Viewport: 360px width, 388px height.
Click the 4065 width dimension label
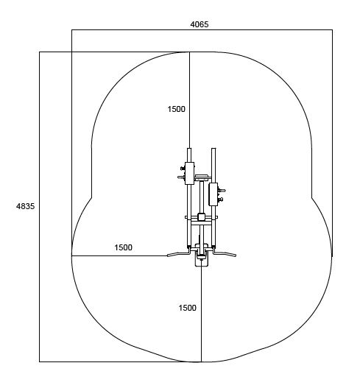click(x=200, y=24)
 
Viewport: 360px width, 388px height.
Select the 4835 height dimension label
click(x=26, y=206)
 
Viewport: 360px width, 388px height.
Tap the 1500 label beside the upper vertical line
click(x=176, y=109)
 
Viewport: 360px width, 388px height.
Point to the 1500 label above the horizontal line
click(x=123, y=247)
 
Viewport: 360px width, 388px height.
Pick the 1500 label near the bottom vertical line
click(x=187, y=308)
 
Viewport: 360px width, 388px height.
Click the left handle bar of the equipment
click(x=178, y=253)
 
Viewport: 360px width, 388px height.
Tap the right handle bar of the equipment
click(x=225, y=253)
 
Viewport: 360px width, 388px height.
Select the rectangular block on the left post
click(x=189, y=173)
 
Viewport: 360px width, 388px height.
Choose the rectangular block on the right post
click(x=213, y=194)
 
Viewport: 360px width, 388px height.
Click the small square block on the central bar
click(x=201, y=217)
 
